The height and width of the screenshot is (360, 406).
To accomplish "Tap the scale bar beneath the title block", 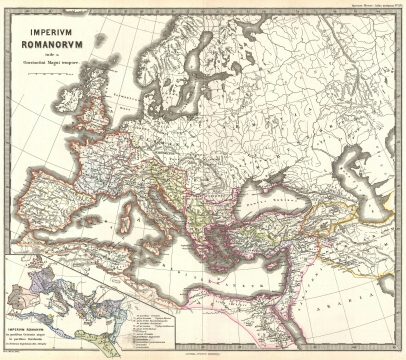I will click(60, 93).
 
